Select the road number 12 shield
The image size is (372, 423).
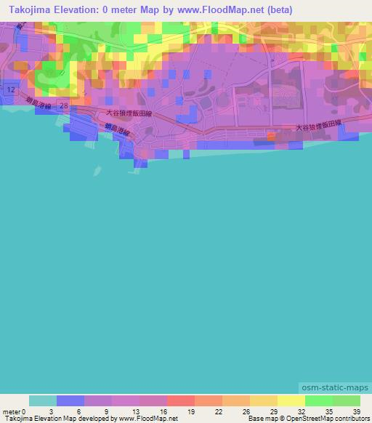click(10, 88)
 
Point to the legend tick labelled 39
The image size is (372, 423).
click(355, 411)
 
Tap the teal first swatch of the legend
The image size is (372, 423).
click(43, 400)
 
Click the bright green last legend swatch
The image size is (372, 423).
click(346, 400)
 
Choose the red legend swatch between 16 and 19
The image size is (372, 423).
click(181, 400)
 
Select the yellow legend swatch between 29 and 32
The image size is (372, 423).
click(291, 400)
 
